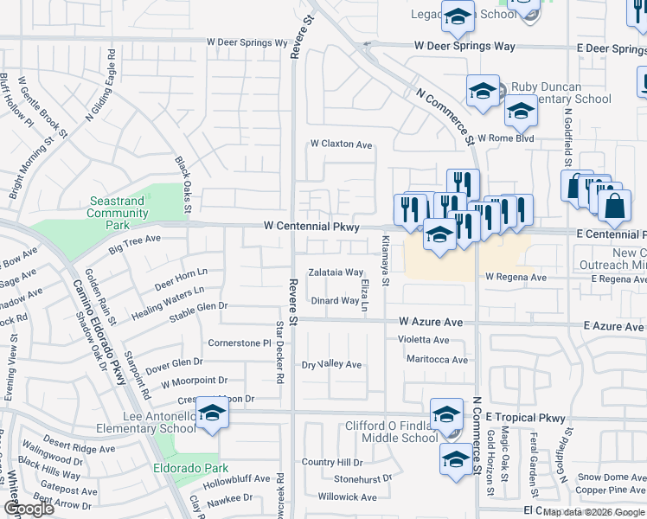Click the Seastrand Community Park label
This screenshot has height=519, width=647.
pyautogui.click(x=117, y=213)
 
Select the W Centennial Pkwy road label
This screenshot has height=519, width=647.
pyautogui.click(x=311, y=227)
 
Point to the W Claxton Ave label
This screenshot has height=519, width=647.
pyautogui.click(x=341, y=144)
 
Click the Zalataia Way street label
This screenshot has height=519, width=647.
pyautogui.click(x=336, y=272)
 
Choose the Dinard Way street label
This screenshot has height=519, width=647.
pyautogui.click(x=335, y=301)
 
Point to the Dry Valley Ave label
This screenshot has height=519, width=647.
pyautogui.click(x=331, y=365)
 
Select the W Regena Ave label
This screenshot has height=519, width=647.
pyautogui.click(x=516, y=278)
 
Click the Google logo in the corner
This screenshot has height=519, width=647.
pyautogui.click(x=29, y=509)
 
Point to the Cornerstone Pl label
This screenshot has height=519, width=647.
pyautogui.click(x=240, y=343)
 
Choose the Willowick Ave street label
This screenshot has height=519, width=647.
pyautogui.click(x=347, y=497)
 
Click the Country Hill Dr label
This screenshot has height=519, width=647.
pyautogui.click(x=331, y=463)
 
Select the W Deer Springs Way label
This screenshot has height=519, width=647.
pyautogui.click(x=456, y=46)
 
